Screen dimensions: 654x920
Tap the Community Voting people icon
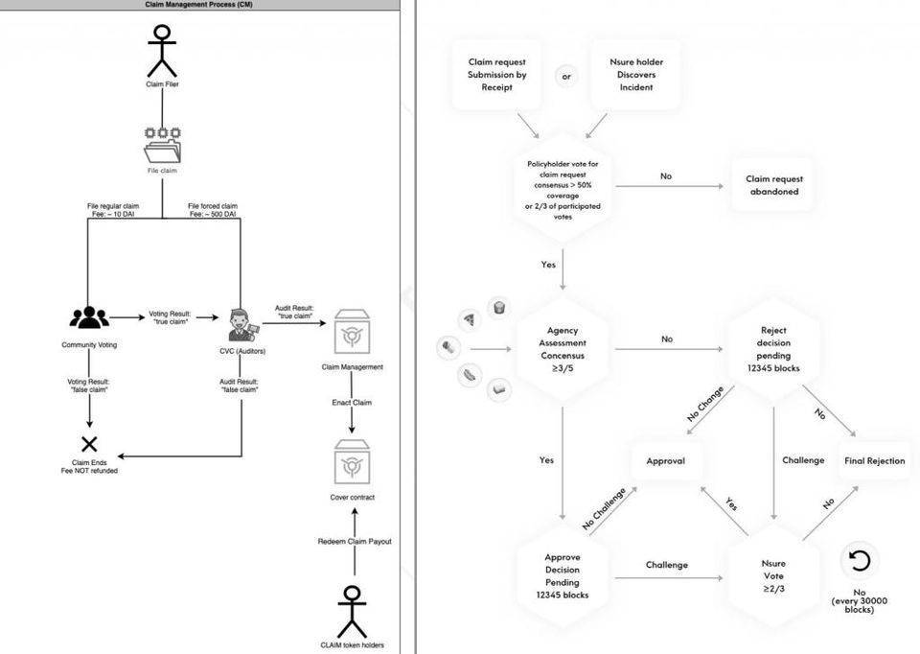coord(89,316)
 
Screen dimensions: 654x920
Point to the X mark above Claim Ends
coord(89,443)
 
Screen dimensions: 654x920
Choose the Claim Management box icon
coord(352,333)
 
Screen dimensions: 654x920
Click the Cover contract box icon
coord(352,464)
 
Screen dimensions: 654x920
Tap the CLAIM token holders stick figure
coord(352,610)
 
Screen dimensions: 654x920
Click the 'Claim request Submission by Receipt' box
coord(497,75)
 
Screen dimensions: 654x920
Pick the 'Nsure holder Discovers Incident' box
coord(636,75)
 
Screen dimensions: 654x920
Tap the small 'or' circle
coord(566,76)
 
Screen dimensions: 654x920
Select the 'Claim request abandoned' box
coord(774,185)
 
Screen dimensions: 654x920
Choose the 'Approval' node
coord(665,461)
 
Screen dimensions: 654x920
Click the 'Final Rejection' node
coord(874,461)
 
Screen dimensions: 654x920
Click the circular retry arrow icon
coord(859,560)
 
